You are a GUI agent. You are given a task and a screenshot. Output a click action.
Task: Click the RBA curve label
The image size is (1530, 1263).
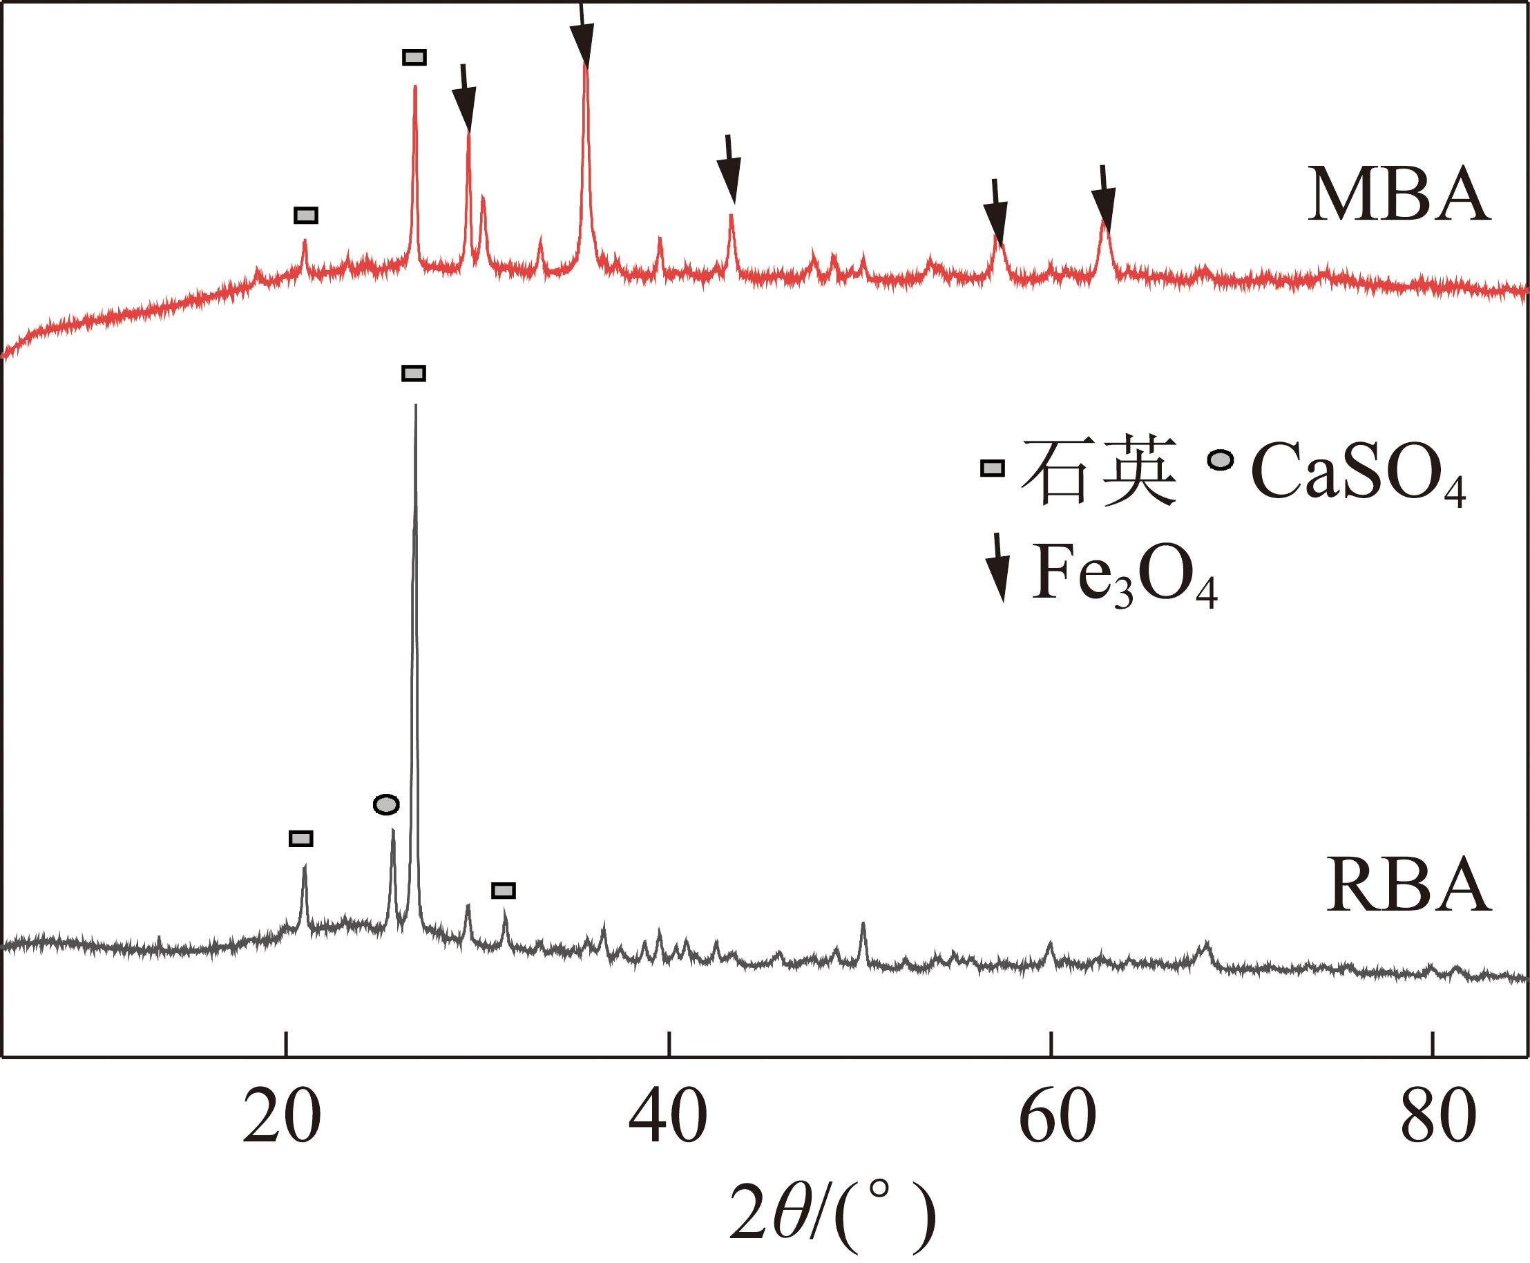coord(1408,884)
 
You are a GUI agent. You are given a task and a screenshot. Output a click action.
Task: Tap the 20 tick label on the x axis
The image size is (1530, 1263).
coord(281,1117)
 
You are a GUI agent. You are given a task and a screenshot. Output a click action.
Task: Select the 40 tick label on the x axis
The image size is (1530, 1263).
coord(667,1117)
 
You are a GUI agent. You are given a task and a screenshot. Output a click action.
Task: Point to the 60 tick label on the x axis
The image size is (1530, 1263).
coord(1058,1117)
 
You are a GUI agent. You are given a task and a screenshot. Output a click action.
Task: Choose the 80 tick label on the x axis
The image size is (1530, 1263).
coord(1438,1117)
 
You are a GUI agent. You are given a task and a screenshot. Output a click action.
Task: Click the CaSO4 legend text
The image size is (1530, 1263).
coord(1357,473)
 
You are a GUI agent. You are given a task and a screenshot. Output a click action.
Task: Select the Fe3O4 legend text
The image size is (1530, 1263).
coord(1125,575)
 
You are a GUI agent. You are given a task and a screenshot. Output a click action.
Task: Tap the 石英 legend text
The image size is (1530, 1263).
coord(1098,471)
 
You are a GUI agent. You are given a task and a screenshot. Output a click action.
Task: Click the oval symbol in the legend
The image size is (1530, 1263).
coord(1221,459)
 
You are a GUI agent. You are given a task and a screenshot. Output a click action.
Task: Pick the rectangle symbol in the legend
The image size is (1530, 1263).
coord(992,468)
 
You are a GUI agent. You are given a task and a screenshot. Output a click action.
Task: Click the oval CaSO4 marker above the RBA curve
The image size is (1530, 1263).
coord(386,805)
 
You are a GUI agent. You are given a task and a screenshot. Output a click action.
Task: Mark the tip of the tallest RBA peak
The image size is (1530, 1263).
coord(415,406)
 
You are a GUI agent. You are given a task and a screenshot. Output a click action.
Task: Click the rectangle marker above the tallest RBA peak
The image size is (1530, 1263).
coord(414,373)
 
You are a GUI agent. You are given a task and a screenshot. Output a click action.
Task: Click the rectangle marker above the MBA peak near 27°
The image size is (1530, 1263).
coord(414,57)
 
